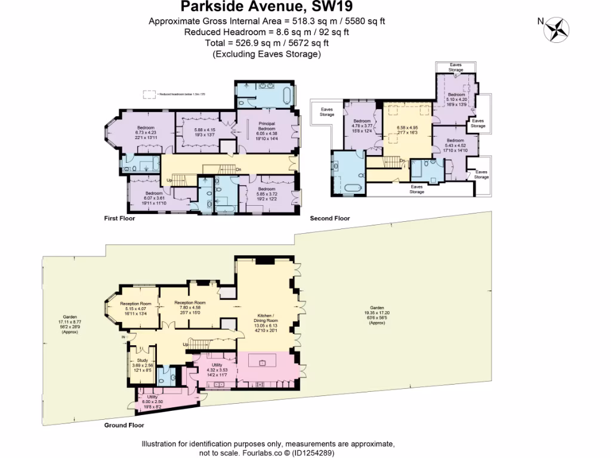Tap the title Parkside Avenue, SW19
point(267,7)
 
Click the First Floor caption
point(120,218)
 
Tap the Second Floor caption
point(329,218)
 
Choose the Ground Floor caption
point(124,426)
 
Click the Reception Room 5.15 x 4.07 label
point(137,308)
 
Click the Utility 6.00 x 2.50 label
point(153,401)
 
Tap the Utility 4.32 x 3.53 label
point(217,369)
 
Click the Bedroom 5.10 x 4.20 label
point(456,100)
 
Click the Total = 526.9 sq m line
point(267,43)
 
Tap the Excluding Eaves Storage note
point(267,54)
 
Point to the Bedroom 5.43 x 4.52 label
point(455,146)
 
